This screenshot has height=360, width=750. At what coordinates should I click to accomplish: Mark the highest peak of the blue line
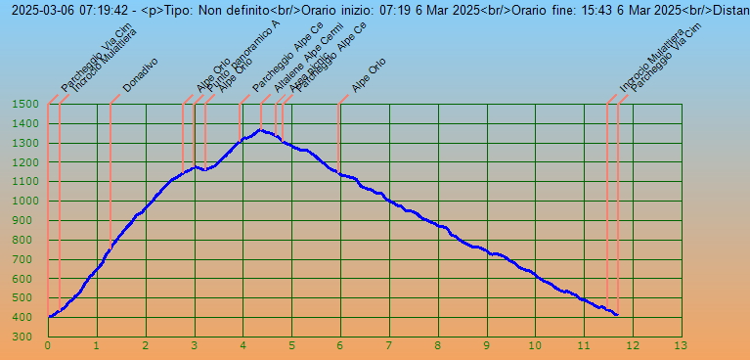[260, 129]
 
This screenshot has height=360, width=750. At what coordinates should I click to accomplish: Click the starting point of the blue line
[49, 317]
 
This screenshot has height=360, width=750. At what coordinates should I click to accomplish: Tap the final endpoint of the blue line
[617, 315]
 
